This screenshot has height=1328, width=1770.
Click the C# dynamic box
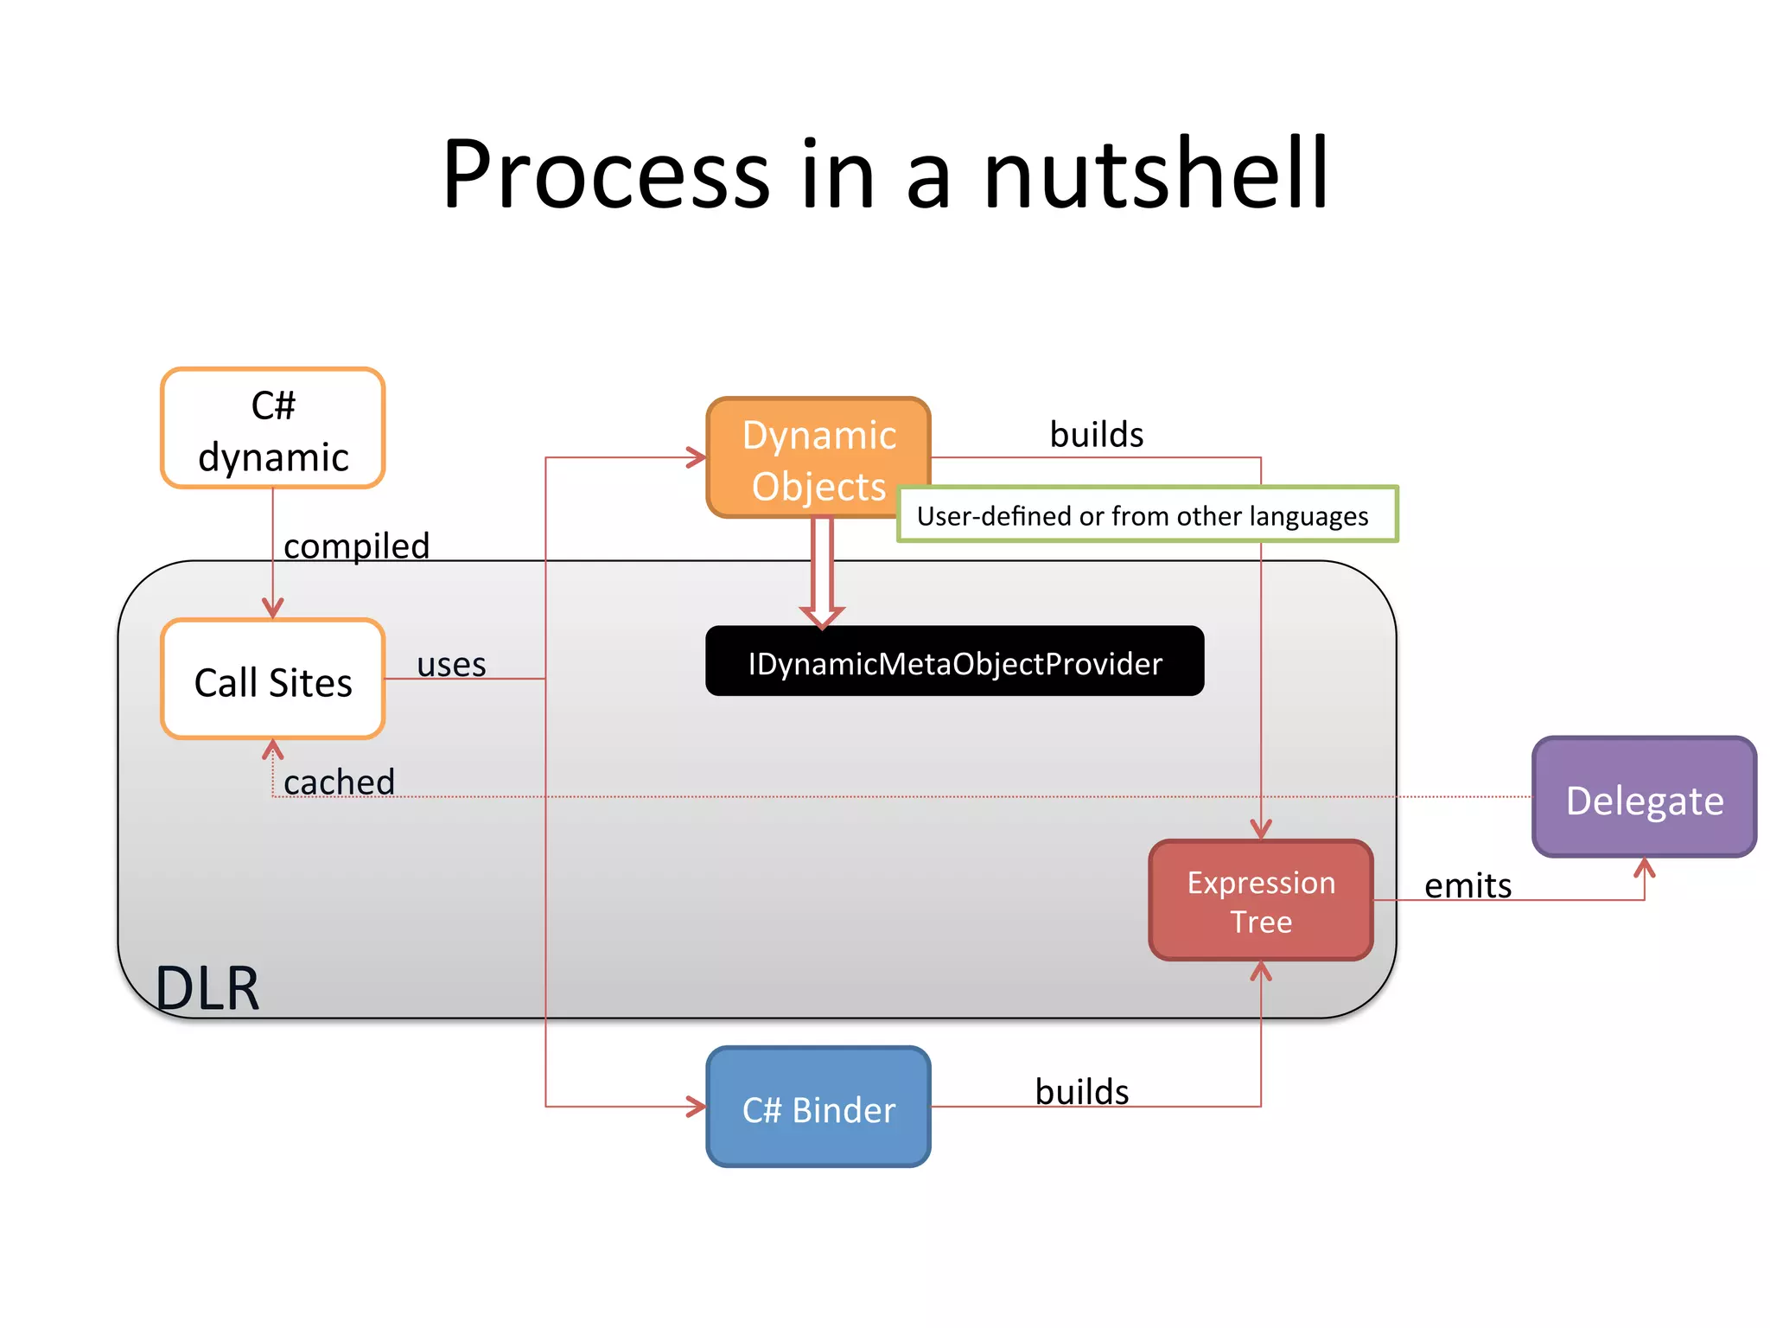pos(272,429)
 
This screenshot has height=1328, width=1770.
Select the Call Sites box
pos(272,680)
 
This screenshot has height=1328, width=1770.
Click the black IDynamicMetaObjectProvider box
pos(954,661)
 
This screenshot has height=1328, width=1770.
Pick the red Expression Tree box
pos(1260,900)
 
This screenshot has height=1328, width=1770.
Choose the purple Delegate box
pos(1644,798)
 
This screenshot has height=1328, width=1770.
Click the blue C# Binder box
pos(818,1108)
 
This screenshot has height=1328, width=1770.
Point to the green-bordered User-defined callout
pos(1146,515)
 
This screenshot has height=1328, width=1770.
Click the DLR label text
pos(207,988)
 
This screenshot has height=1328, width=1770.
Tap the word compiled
pos(356,546)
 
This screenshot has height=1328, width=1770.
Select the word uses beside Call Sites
pos(451,665)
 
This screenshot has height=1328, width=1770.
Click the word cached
pos(339,782)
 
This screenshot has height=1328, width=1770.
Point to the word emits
pos(1468,886)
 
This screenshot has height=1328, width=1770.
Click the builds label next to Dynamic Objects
pos(1096,435)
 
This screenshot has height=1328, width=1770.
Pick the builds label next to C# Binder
pos(1081,1092)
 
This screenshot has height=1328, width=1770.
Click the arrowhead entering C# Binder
pos(697,1107)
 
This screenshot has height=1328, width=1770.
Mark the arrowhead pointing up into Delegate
pos(1644,866)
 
